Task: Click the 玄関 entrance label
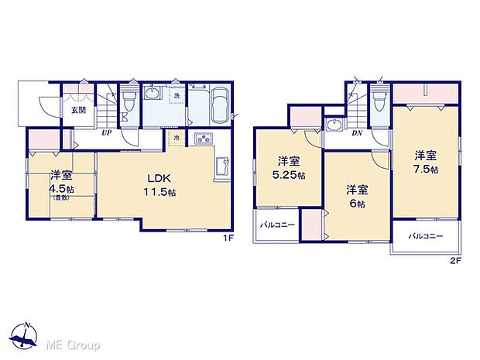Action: (79, 110)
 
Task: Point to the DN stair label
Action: (357, 132)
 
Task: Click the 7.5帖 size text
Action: (425, 168)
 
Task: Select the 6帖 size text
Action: (355, 203)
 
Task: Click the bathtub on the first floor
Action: (218, 104)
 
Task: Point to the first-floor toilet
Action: (129, 99)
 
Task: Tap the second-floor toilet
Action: (378, 101)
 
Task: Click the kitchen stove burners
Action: (203, 139)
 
